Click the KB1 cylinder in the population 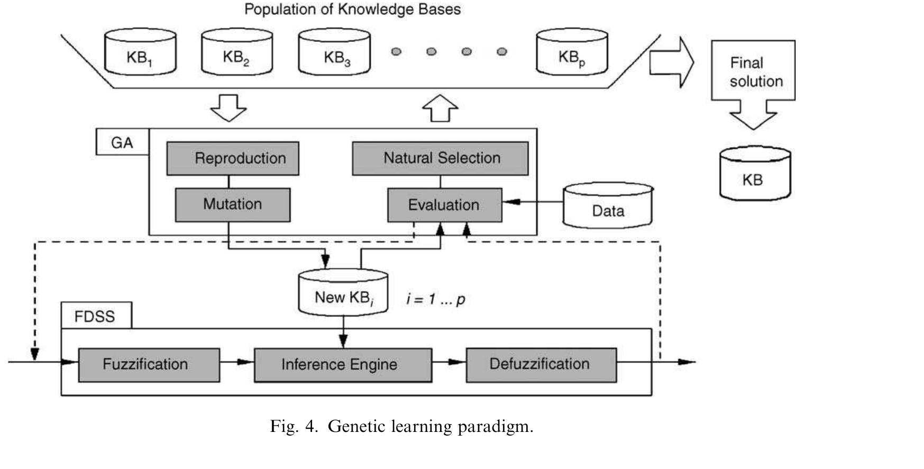point(140,52)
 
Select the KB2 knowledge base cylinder point(237,52)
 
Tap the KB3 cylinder point(334,52)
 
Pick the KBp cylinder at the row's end point(572,52)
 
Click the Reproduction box point(233,158)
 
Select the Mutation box point(233,205)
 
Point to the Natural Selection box point(441,158)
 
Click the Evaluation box point(445,205)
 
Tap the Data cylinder point(608,205)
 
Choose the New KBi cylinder point(343,293)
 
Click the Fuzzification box point(149,365)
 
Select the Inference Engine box point(343,365)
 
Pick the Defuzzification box point(541,365)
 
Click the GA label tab point(122,142)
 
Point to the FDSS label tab point(96,316)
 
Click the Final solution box point(753,70)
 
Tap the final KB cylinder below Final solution point(755,174)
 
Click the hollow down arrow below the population point(228,108)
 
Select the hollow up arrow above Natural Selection point(440,108)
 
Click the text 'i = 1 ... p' point(436,300)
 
